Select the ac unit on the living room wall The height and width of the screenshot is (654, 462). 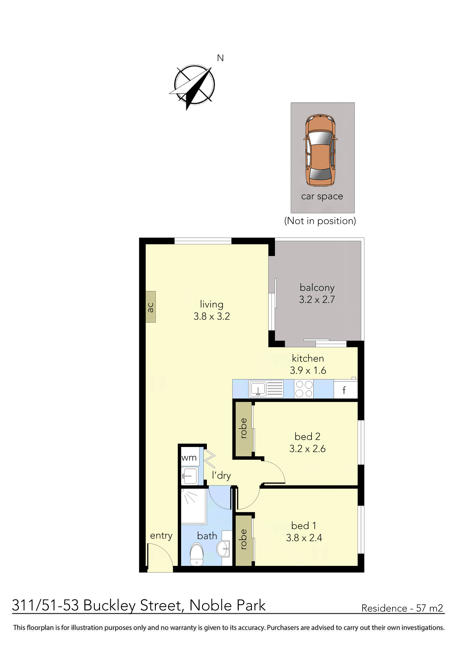(151, 307)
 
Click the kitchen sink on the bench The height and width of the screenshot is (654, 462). (258, 389)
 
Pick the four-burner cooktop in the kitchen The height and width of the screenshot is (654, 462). (304, 389)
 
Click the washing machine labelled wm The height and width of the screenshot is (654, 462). (189, 458)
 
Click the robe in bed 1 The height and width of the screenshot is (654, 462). (243, 539)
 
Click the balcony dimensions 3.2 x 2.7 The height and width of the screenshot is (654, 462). (317, 300)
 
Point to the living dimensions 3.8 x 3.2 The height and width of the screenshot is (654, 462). (211, 316)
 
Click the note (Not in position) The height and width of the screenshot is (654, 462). (320, 221)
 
